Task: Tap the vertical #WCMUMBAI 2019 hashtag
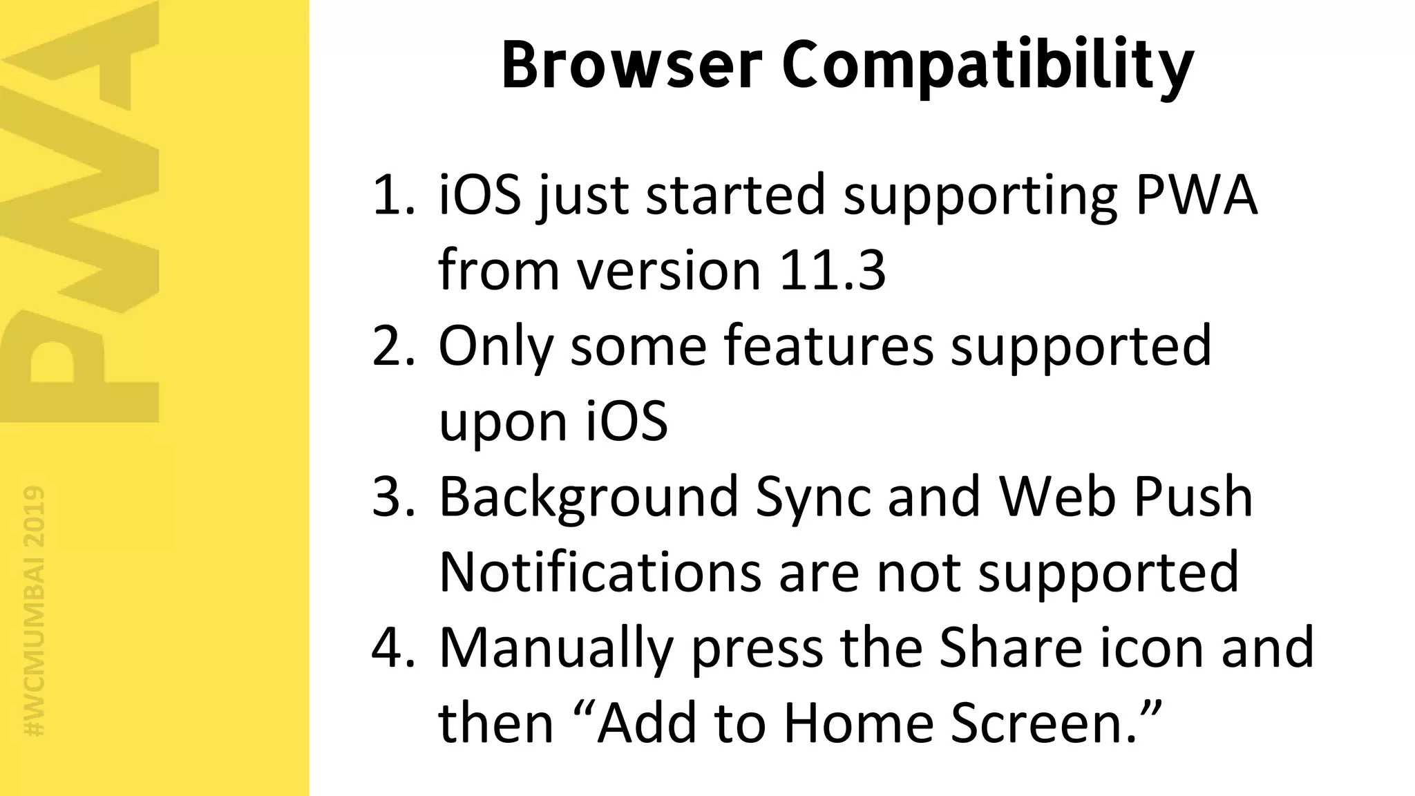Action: [33, 611]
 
